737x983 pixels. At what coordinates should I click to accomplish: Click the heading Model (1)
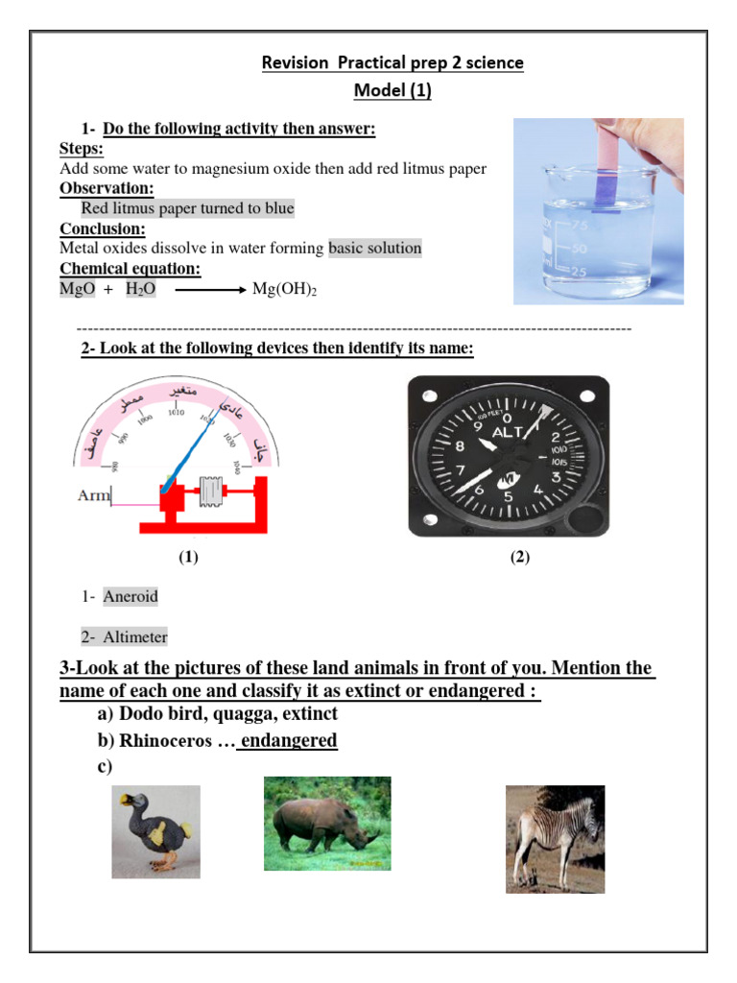coord(393,91)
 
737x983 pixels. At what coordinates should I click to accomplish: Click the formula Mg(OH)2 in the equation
coord(283,289)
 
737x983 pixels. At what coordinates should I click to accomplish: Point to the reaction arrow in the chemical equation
coord(209,289)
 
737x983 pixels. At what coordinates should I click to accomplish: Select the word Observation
coord(107,188)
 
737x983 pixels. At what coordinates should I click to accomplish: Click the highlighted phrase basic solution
coord(375,248)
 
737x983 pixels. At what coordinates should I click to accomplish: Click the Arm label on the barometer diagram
coord(94,496)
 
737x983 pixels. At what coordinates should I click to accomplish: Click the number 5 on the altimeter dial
coord(508,497)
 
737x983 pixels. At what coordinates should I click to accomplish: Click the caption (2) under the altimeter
coord(519,557)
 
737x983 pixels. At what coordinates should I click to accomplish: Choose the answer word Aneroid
coord(131,596)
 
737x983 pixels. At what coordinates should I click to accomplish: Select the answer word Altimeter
coord(135,636)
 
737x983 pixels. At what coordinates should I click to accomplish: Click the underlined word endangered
coord(289,740)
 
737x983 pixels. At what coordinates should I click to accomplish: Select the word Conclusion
coord(103,228)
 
